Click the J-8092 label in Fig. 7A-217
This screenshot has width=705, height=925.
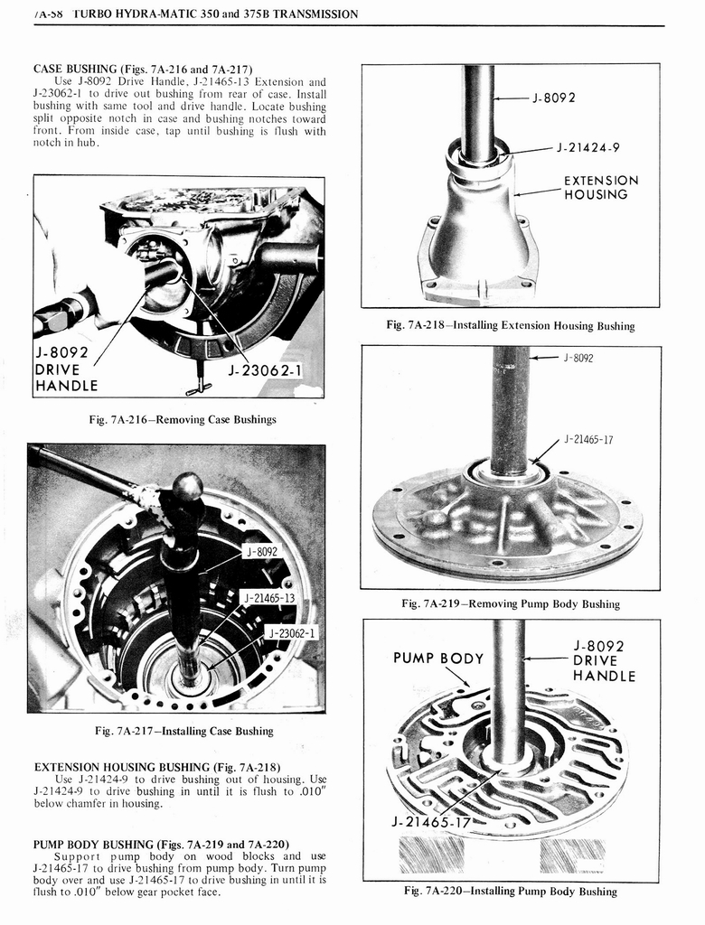pos(262,551)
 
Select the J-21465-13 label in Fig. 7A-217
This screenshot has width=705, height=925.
pos(269,598)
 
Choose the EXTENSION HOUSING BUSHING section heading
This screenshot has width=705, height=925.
pos(156,767)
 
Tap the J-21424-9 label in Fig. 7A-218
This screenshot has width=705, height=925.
pos(588,148)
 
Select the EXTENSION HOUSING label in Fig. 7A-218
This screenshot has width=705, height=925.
pos(600,187)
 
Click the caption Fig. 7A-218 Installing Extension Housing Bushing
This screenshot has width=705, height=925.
pos(510,325)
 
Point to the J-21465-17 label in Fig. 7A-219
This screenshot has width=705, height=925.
pos(588,440)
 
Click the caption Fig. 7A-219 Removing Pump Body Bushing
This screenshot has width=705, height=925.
pos(510,603)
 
